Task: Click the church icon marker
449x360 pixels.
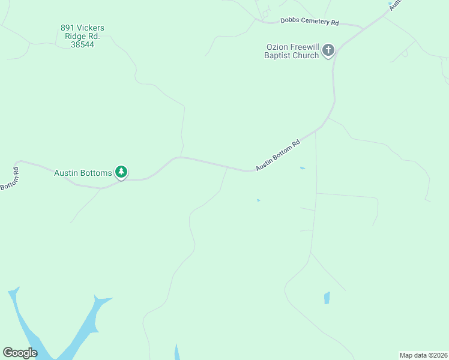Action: [328, 50]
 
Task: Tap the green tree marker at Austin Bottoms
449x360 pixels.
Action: [121, 173]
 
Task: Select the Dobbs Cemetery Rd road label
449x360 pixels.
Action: [310, 22]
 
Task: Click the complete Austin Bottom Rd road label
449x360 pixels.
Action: [277, 156]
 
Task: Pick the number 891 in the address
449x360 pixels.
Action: [67, 28]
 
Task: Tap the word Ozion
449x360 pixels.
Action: [279, 47]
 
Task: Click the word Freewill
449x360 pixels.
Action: [304, 47]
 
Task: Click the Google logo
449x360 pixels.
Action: [20, 353]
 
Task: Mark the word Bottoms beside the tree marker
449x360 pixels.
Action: [97, 173]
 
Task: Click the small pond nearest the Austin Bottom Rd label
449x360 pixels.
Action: [303, 168]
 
